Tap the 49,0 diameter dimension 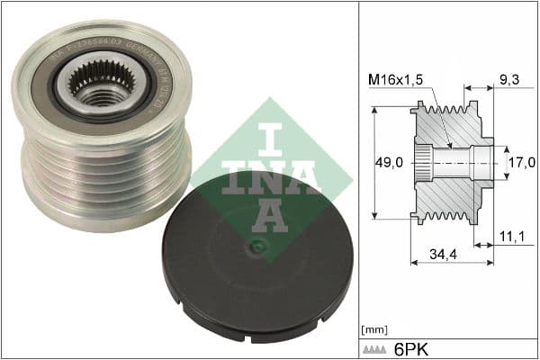pos(388,163)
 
